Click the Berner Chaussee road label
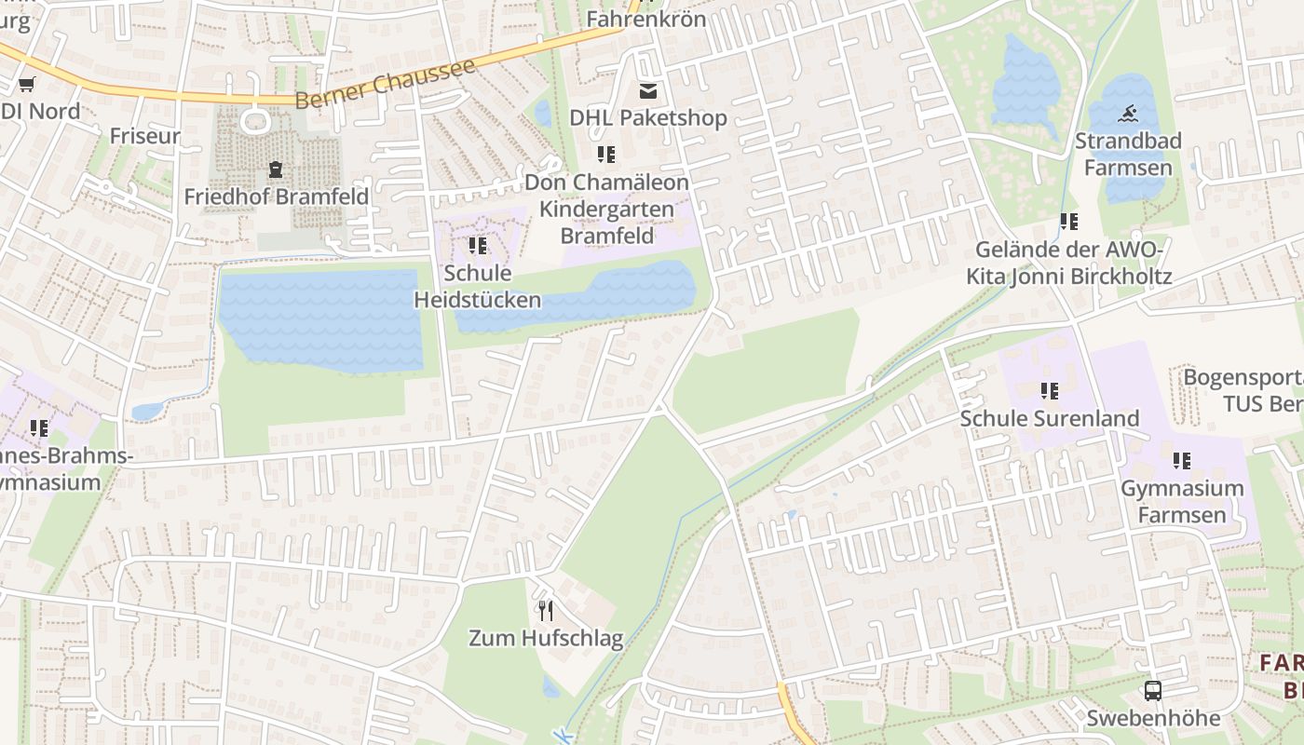click(x=386, y=84)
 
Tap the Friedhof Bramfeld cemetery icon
click(x=276, y=169)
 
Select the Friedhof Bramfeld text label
click(x=276, y=196)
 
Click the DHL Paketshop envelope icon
click(x=648, y=91)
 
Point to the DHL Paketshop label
click(x=648, y=118)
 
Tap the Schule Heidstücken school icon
click(x=477, y=246)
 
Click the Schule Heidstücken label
click(x=477, y=286)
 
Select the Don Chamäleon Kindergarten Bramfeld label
click(x=606, y=209)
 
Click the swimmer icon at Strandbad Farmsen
click(x=1128, y=115)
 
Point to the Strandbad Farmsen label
click(x=1128, y=154)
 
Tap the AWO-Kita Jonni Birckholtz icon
click(x=1068, y=222)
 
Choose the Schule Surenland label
click(x=1050, y=418)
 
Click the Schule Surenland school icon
click(x=1050, y=391)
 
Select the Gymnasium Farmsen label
click(x=1182, y=501)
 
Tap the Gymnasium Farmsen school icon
click(x=1182, y=461)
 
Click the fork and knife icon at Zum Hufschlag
click(x=546, y=611)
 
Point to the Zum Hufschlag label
click(x=546, y=638)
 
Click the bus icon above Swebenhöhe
click(x=1153, y=691)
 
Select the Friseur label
click(x=144, y=135)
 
